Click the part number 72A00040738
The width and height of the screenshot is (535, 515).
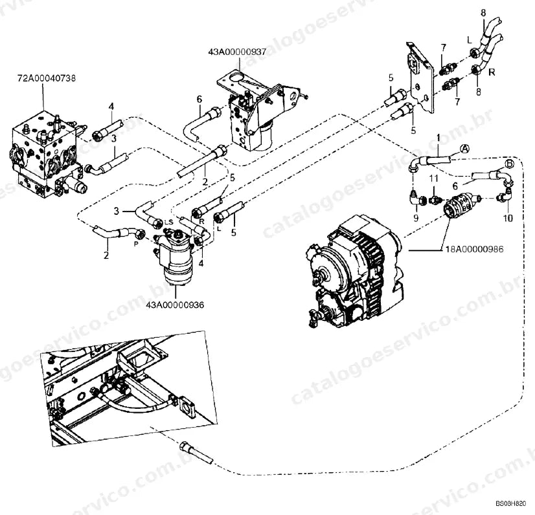tap(47, 78)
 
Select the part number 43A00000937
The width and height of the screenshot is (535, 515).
tap(237, 52)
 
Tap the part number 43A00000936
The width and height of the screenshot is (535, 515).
tap(175, 305)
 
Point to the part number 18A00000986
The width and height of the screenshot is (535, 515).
tap(474, 249)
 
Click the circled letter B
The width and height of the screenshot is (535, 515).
tap(509, 164)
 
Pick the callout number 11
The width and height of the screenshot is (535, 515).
tap(433, 179)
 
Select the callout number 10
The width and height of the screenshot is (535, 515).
tap(508, 218)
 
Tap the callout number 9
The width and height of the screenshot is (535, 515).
tap(416, 218)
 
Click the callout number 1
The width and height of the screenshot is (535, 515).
tap(438, 138)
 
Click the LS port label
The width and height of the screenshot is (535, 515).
tap(169, 222)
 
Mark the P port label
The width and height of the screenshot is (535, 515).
tap(136, 244)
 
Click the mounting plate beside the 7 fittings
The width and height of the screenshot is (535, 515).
tap(420, 78)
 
